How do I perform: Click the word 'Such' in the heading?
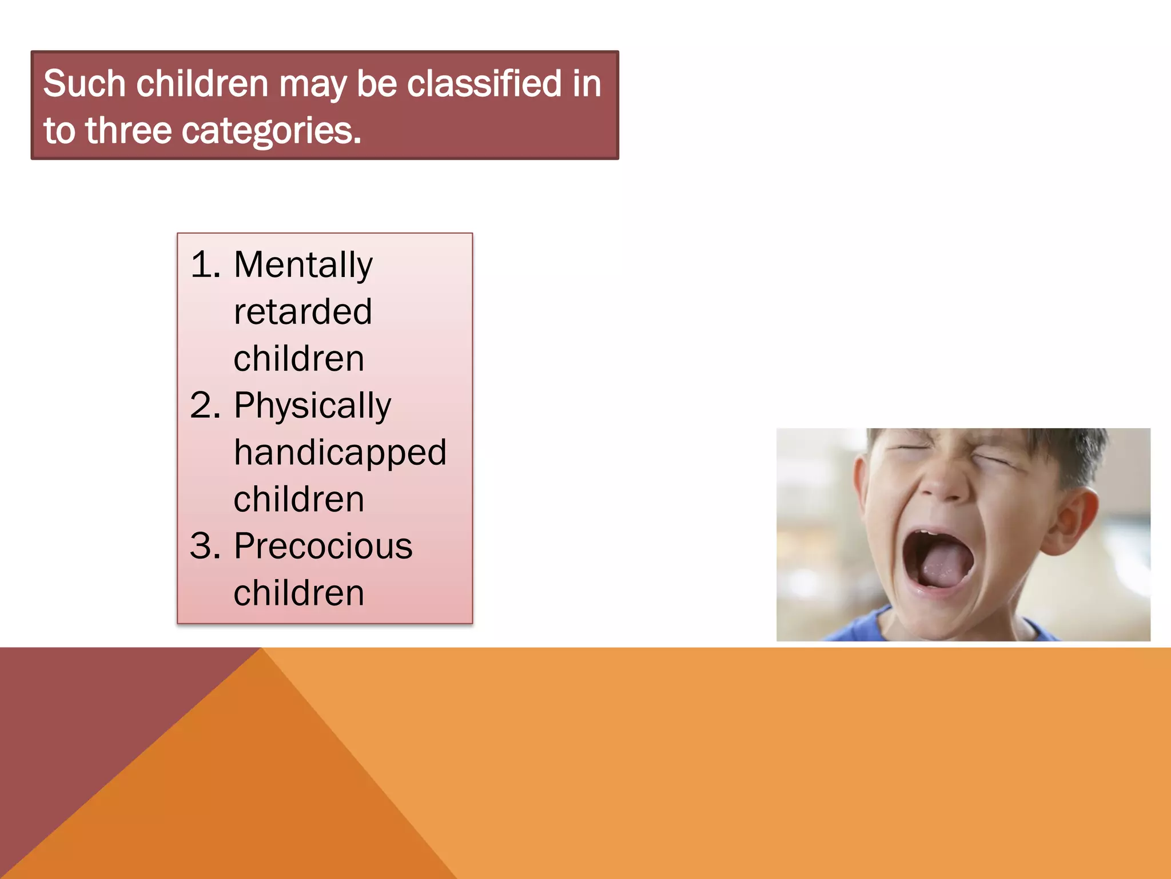(85, 84)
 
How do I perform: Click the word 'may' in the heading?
(313, 86)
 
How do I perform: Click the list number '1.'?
(205, 264)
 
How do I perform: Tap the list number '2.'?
(205, 405)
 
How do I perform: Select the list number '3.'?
(205, 546)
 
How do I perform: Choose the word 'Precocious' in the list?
(323, 546)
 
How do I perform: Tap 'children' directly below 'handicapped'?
(299, 499)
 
